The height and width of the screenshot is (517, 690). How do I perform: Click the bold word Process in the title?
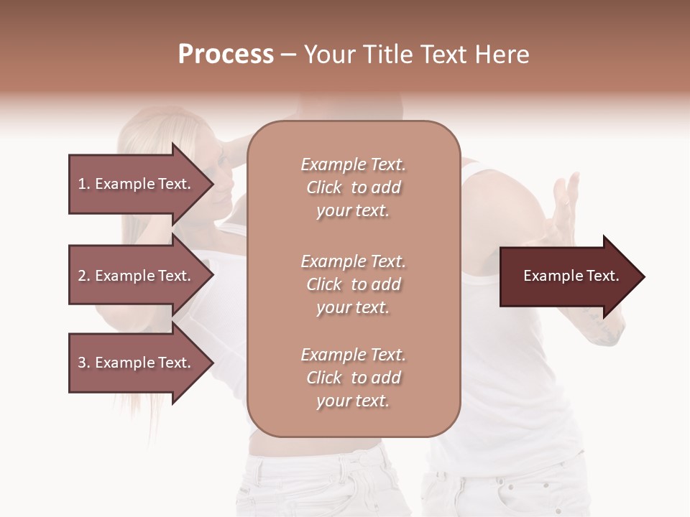226,55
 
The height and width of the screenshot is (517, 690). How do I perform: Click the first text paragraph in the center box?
353,187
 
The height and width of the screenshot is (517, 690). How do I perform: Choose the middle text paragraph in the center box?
353,284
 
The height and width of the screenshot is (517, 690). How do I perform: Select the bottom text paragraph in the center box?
353,378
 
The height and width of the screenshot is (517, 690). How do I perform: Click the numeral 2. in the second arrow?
84,276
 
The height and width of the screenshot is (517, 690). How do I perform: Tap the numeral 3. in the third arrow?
84,363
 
